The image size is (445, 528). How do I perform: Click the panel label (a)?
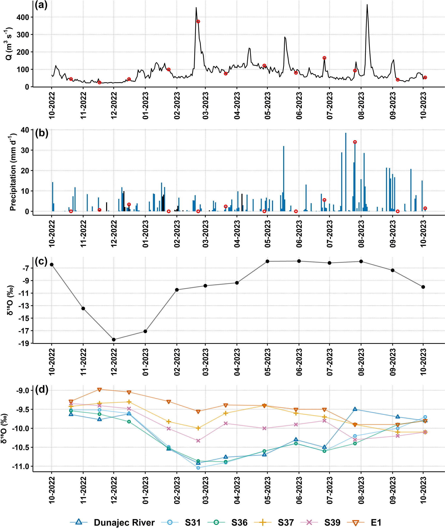[41, 6]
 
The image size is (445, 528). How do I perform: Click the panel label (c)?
[41, 262]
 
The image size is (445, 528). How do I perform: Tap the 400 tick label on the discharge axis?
[23, 17]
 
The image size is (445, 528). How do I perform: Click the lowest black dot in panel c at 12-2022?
[114, 340]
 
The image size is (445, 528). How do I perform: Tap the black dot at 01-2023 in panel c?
[145, 331]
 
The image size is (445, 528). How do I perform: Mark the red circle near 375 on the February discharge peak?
[198, 22]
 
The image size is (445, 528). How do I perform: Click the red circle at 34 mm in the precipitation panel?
[355, 142]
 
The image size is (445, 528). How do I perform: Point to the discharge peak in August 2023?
[367, 5]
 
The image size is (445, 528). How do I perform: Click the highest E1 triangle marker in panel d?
[100, 390]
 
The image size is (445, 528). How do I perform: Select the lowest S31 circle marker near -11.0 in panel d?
[198, 468]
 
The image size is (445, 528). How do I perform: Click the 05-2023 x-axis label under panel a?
[267, 106]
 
